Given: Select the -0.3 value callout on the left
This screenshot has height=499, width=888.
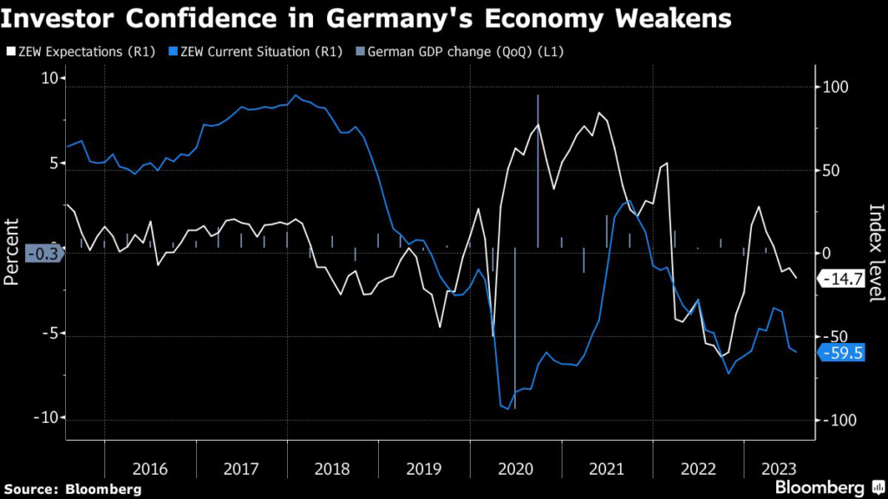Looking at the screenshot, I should point(42,255).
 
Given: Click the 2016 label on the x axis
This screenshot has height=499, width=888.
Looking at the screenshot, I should point(150,469).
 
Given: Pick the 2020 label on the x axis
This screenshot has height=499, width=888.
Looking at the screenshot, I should point(516,469).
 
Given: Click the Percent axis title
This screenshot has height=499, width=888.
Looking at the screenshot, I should point(12,251).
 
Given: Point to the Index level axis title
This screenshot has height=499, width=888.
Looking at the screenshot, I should point(875,253).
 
